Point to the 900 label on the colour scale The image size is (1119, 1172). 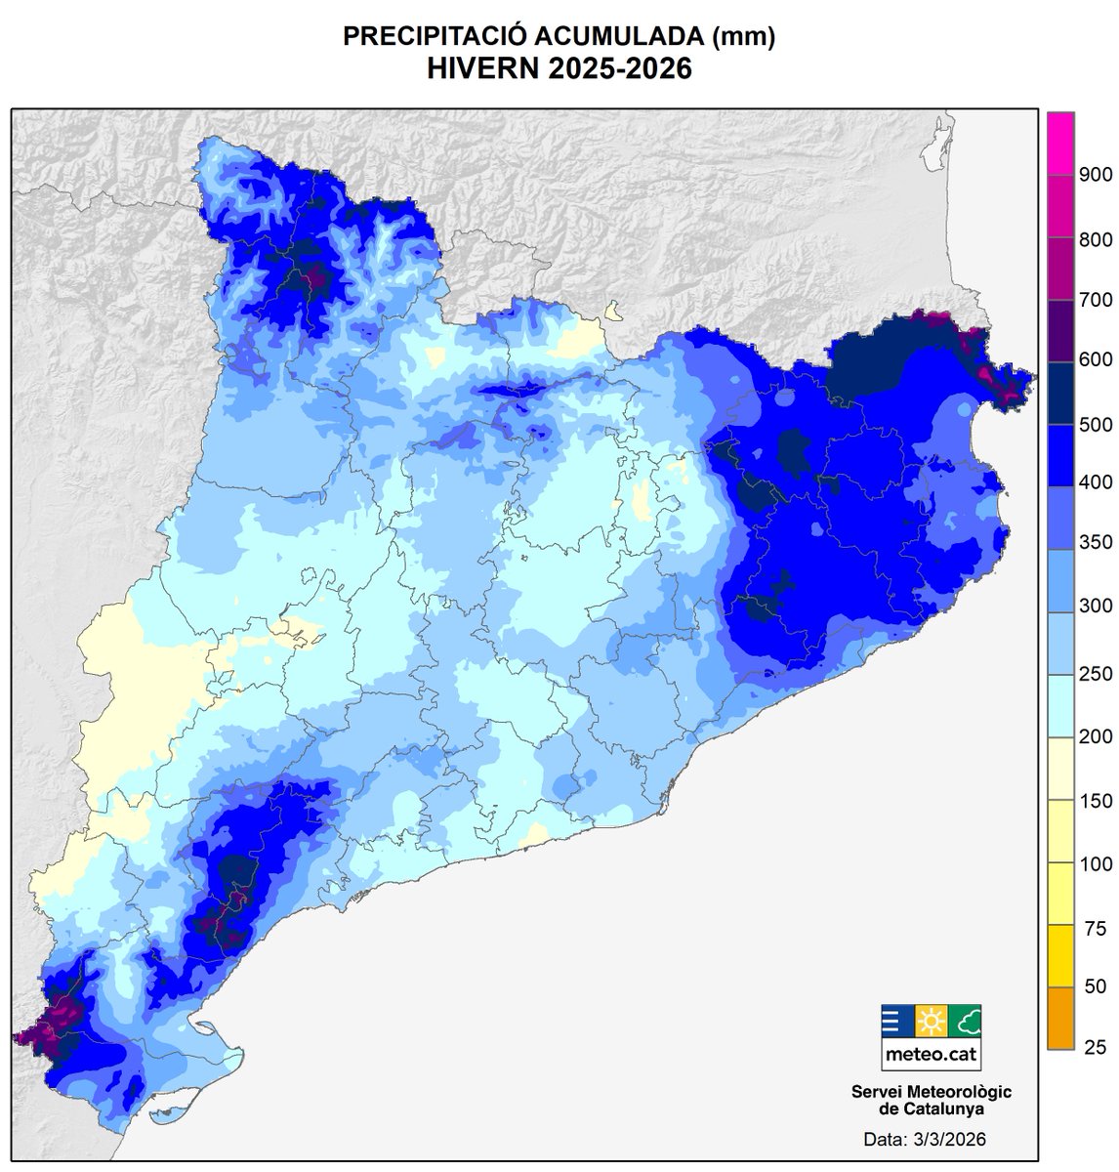pyautogui.click(x=1096, y=176)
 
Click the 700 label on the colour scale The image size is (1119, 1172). pyautogui.click(x=1096, y=300)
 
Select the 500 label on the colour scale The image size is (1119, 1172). pyautogui.click(x=1096, y=424)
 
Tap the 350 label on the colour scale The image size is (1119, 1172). pyautogui.click(x=1096, y=543)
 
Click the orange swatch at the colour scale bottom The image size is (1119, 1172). pyautogui.click(x=1060, y=1019)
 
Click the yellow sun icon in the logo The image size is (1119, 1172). pyautogui.click(x=931, y=1021)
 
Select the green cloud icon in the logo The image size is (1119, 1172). pyautogui.click(x=964, y=1021)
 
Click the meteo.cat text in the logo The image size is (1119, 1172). pyautogui.click(x=931, y=1055)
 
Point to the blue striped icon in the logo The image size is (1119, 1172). pyautogui.click(x=897, y=1021)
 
